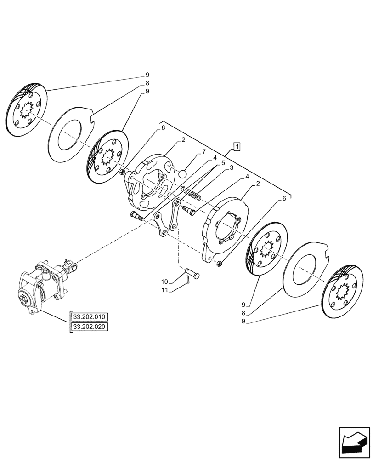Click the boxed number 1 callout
(x=236, y=147)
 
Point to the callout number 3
(x=232, y=168)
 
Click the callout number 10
(x=164, y=282)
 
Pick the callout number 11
(x=164, y=290)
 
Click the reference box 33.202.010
(x=89, y=317)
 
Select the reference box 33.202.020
(x=89, y=327)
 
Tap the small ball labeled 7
(x=182, y=174)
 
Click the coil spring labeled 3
(x=194, y=195)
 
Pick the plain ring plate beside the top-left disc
(x=69, y=134)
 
